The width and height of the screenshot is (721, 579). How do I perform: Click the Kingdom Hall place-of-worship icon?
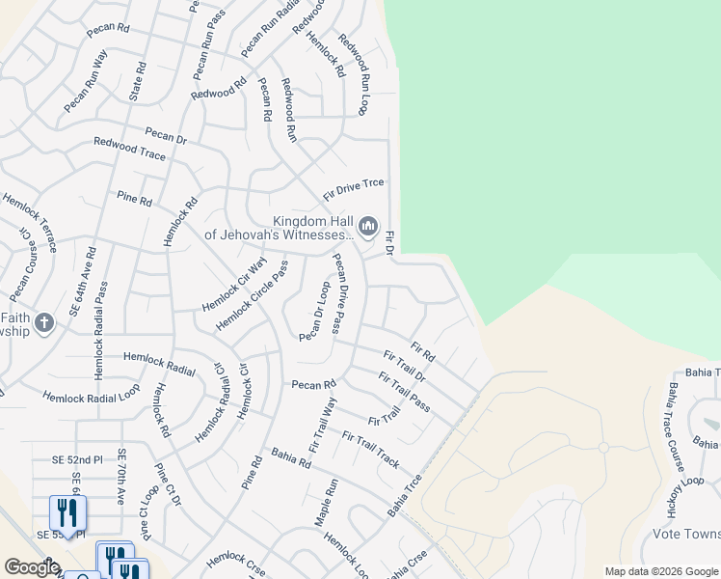coord(367,227)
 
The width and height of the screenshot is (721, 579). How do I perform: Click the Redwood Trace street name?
coord(129,149)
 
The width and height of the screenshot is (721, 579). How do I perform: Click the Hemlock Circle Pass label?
coord(252,295)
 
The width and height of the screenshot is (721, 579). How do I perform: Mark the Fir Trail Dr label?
coord(404,368)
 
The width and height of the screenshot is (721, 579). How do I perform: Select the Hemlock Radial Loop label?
coord(92,395)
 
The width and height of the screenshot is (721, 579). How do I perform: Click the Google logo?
coord(32,567)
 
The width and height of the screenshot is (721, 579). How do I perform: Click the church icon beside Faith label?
coord(43,323)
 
